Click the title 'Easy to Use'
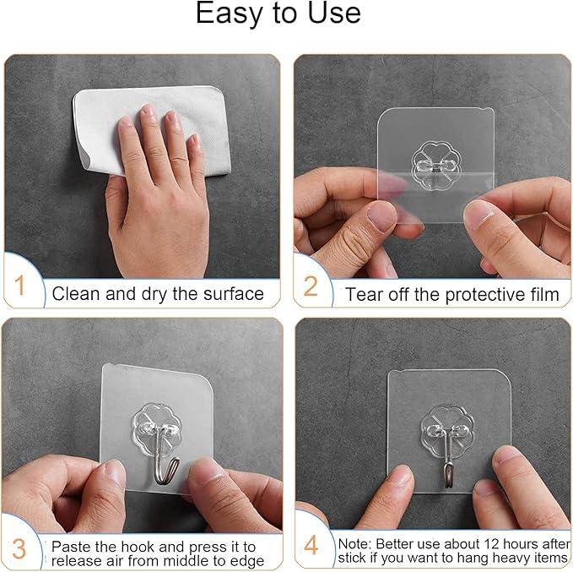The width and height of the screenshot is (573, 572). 278,14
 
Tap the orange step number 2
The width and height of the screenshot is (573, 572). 310,287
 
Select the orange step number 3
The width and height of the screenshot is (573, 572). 19,547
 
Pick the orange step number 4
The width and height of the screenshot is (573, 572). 311,546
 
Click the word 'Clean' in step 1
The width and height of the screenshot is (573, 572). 74,294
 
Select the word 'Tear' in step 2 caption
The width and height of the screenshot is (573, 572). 363,294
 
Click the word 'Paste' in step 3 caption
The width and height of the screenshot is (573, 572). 73,545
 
